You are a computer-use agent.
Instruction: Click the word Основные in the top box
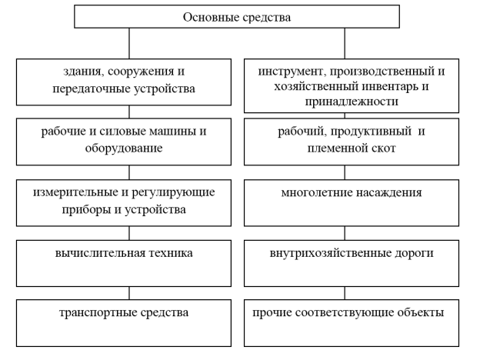click(211, 17)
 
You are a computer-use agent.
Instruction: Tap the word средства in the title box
click(266, 18)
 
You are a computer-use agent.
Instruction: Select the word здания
click(82, 72)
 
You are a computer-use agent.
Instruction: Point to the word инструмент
click(292, 72)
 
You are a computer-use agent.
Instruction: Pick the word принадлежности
click(352, 102)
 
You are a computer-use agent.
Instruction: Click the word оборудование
click(124, 148)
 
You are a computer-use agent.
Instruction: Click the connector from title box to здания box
click(129, 44)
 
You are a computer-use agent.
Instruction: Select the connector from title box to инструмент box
click(345, 44)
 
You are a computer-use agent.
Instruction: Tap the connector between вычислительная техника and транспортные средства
click(129, 293)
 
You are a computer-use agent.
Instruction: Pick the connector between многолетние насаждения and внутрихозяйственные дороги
click(345, 233)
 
